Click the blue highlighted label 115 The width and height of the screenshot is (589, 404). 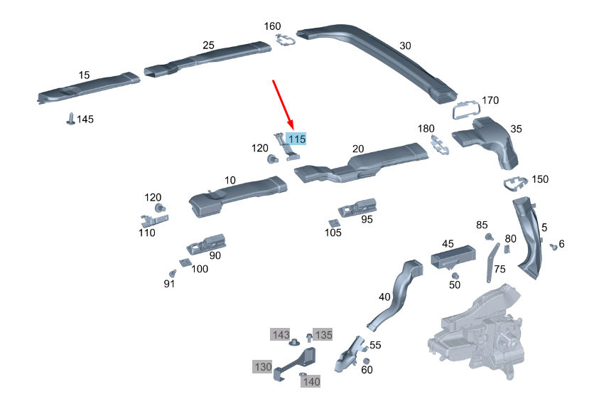[x=296, y=139]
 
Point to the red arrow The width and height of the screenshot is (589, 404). [x=283, y=104]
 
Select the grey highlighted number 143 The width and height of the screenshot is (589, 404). [x=280, y=334]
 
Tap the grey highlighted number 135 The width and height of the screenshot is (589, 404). [x=323, y=334]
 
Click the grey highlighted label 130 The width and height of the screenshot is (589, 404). [x=262, y=366]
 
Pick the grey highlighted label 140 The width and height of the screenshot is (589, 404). [x=310, y=382]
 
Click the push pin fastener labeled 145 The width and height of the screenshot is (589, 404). [x=70, y=119]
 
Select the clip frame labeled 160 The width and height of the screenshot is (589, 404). [x=286, y=40]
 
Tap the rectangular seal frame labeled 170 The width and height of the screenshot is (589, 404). [x=467, y=110]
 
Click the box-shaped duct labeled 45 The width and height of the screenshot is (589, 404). [x=453, y=257]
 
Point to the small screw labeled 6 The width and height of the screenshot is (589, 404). [x=553, y=247]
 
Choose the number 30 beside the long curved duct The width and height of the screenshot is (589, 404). [x=405, y=46]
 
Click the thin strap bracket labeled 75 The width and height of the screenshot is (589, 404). [x=492, y=262]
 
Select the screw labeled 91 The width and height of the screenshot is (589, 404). [x=173, y=273]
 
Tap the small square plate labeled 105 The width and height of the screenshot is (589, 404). [x=333, y=223]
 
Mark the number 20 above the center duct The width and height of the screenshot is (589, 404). [x=358, y=149]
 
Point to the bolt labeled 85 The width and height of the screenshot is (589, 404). [x=489, y=237]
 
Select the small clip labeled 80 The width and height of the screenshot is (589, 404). [x=507, y=249]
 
